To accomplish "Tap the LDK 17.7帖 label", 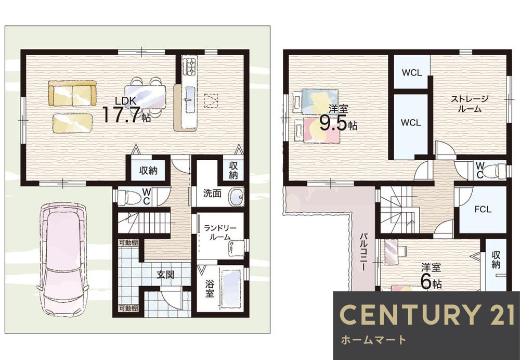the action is pos(126,110).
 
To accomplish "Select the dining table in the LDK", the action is pos(145,97).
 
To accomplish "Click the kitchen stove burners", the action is pos(191,66).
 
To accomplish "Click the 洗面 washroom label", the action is pos(212,193).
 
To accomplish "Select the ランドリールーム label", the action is pos(220,232).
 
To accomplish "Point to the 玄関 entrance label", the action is pos(165,275).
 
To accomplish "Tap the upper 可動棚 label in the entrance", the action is pos(128,242).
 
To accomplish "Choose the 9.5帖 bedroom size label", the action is pos(338,123).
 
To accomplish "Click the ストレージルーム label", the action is pos(469,104).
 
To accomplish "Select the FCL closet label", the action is pos(483,209).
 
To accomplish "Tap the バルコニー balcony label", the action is pos(364,252).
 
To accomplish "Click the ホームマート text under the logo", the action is pos(373,340).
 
